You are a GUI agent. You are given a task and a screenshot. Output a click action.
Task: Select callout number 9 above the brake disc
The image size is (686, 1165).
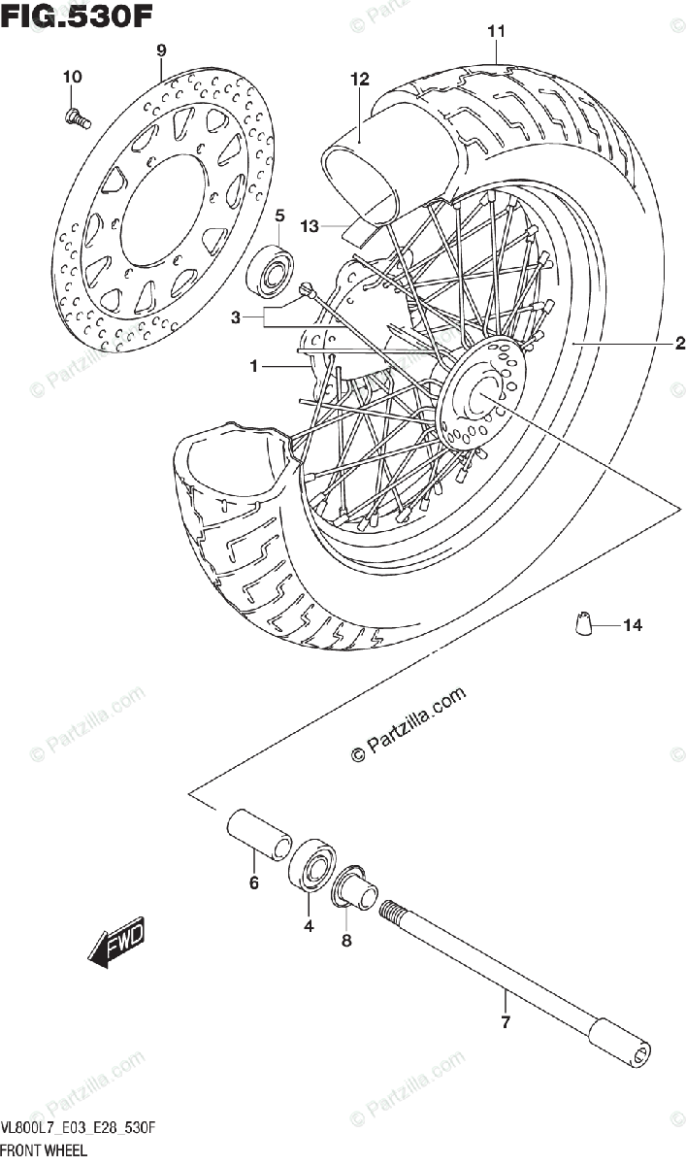pyautogui.click(x=161, y=50)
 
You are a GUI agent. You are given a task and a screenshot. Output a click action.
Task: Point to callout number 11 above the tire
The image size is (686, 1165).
pyautogui.click(x=496, y=32)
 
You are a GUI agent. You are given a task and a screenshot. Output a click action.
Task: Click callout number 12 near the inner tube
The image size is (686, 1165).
pyautogui.click(x=360, y=80)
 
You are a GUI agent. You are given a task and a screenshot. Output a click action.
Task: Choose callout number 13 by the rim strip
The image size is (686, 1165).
pyautogui.click(x=310, y=226)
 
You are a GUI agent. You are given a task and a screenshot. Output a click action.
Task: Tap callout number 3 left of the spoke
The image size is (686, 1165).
pyautogui.click(x=235, y=317)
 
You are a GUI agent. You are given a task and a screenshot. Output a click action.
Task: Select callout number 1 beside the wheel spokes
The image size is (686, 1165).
pyautogui.click(x=253, y=367)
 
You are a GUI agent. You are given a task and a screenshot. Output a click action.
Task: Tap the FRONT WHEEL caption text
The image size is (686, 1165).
pyautogui.click(x=44, y=1150)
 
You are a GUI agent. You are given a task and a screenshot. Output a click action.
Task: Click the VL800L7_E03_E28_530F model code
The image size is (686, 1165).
pyautogui.click(x=79, y=1129)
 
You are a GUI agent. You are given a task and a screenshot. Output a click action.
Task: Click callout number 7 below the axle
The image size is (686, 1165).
pyautogui.click(x=505, y=1022)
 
